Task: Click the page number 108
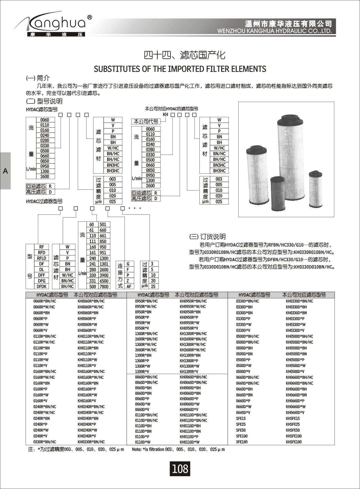180,468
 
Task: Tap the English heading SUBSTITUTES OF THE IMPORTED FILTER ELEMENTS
180,69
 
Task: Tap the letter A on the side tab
5,171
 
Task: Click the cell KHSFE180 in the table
294,442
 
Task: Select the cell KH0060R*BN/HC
91,301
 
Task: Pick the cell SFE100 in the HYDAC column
242,436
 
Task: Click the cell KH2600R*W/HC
193,350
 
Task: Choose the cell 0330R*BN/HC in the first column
45,442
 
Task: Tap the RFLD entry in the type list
42,258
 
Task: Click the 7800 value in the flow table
104,286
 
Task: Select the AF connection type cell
129,286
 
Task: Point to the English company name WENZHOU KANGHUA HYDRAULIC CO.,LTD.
274,31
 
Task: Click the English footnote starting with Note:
178,449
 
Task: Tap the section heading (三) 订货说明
207,237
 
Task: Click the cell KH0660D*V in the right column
295,413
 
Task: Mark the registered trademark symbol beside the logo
90,17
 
